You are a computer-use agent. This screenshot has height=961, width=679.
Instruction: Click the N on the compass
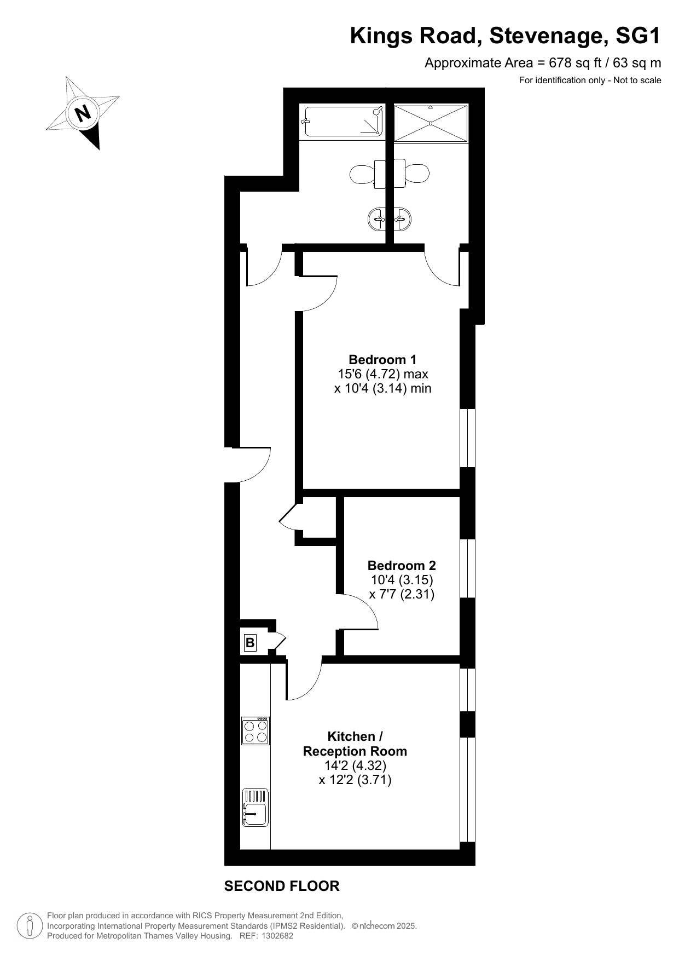[83, 113]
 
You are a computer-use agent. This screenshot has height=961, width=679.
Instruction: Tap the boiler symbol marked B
[250, 642]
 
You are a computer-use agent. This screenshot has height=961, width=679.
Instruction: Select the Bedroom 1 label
[382, 360]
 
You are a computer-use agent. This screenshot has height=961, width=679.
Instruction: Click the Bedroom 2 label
[402, 566]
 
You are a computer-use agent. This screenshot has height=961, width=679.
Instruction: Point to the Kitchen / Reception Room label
[355, 744]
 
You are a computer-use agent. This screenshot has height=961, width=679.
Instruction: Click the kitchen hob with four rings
[256, 731]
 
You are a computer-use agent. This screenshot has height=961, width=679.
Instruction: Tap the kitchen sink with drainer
[256, 807]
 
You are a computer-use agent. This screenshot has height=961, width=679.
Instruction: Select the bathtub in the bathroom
[342, 122]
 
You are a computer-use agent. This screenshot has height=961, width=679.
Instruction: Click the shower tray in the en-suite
[431, 124]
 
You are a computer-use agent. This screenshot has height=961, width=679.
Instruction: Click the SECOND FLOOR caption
[282, 886]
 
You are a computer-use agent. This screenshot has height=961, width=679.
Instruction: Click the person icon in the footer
[30, 926]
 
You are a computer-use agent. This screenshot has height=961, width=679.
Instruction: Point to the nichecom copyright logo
[373, 926]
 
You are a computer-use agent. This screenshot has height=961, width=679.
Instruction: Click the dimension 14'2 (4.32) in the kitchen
[355, 766]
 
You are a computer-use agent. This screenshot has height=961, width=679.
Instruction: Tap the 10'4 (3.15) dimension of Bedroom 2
[402, 580]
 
